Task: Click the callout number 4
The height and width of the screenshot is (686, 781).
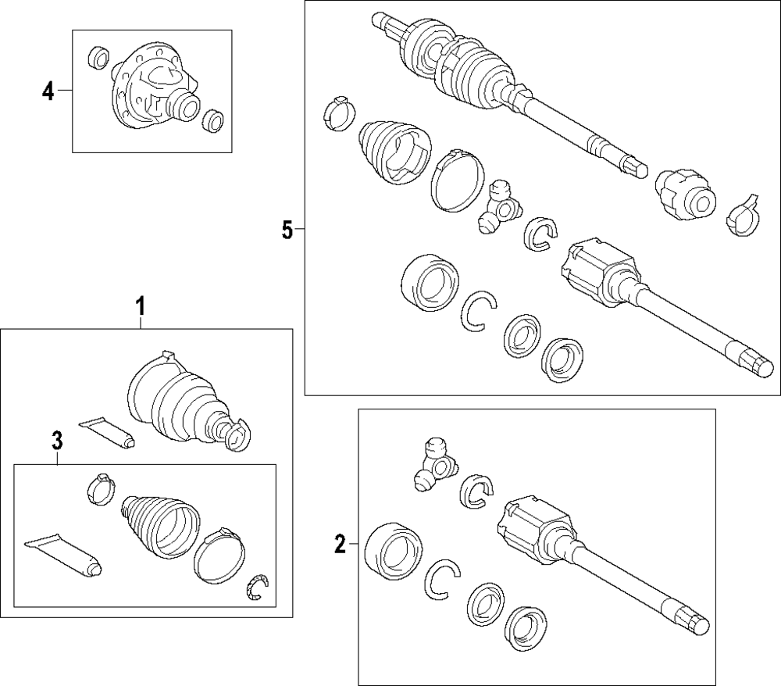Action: coord(48,92)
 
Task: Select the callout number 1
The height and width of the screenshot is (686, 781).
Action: coord(141,305)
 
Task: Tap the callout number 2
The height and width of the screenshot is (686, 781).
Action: coord(340,544)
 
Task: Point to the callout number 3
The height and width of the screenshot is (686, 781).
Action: coord(56,441)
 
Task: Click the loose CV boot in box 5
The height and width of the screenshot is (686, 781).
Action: coord(392,152)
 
